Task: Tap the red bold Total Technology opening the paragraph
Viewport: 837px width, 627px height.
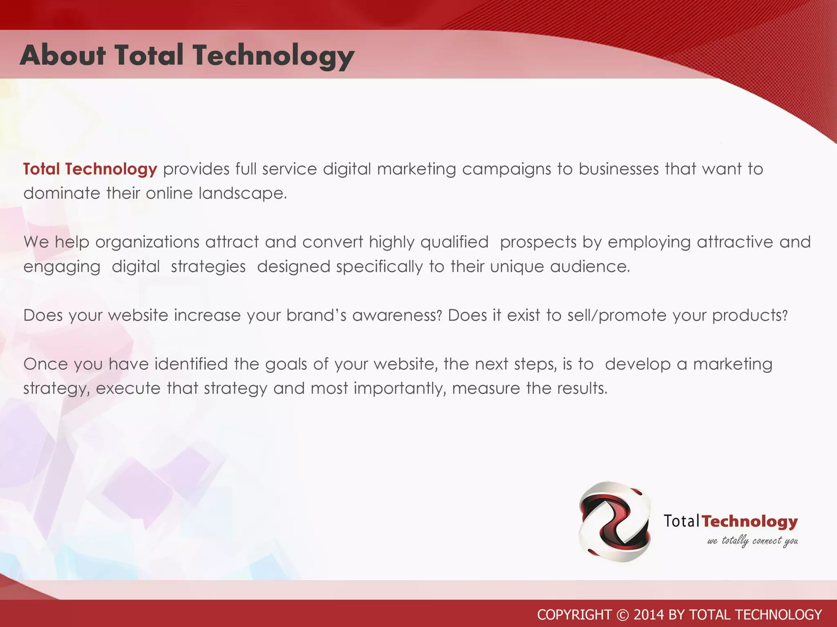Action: click(90, 169)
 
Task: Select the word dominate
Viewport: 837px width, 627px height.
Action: click(62, 193)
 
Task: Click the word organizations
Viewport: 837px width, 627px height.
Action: click(147, 242)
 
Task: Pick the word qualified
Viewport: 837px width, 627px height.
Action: click(454, 242)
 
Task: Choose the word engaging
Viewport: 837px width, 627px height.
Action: click(62, 267)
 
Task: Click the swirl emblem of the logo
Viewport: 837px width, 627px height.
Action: click(615, 522)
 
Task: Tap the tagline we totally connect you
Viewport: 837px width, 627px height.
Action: click(752, 541)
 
